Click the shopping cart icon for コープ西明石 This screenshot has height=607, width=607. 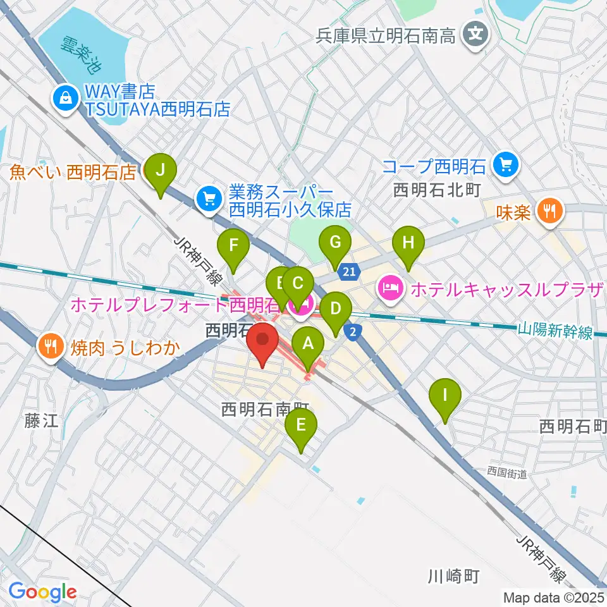pyautogui.click(x=506, y=166)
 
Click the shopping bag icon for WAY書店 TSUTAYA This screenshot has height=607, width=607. pyautogui.click(x=64, y=98)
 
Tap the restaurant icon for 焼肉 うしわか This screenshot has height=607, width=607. pyautogui.click(x=51, y=346)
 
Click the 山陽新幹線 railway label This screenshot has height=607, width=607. pyautogui.click(x=555, y=331)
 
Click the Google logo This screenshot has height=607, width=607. pyautogui.click(x=43, y=591)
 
